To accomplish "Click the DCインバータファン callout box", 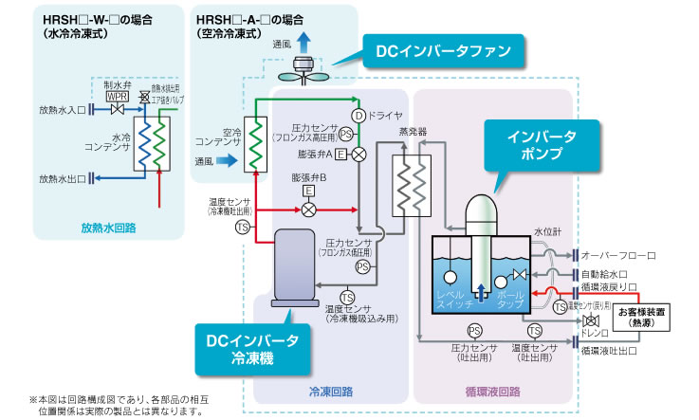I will tap(442, 50).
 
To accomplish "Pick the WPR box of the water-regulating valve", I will tap(117, 97).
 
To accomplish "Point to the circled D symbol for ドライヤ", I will tap(359, 115).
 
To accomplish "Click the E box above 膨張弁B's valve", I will tap(308, 190).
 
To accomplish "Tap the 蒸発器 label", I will tap(414, 132).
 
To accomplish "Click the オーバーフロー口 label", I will tap(617, 255).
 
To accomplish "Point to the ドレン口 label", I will tap(594, 333).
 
